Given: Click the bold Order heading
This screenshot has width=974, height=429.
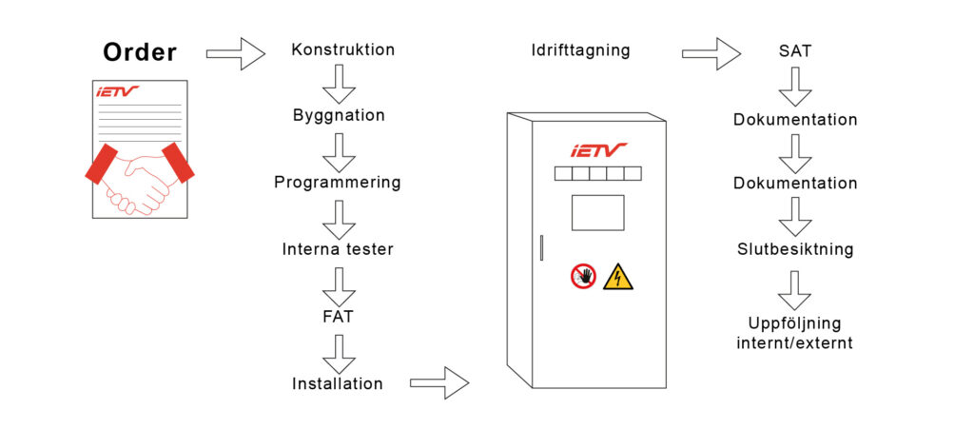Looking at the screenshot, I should pos(139,52).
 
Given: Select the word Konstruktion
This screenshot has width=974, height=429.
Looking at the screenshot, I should pos(342,49).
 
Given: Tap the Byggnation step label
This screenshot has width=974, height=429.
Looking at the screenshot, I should pos(339,115).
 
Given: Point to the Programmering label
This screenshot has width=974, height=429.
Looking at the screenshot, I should pos(338,182).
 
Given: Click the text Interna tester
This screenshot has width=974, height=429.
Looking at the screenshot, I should pos(338,249).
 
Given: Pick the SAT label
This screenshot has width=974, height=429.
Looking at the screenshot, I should pos(794,51).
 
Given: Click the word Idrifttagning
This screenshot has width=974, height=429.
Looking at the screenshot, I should pos(580,50).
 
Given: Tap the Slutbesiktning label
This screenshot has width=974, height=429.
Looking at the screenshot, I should pos(795,249).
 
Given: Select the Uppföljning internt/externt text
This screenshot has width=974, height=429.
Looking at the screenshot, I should pos(794,333).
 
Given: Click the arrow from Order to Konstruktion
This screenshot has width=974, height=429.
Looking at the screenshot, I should pos(235,53).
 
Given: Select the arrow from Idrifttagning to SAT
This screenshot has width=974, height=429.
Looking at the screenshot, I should pos(711,53).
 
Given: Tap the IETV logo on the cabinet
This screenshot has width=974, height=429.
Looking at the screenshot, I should pos(598,149).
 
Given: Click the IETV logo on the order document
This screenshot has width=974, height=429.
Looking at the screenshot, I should pos(117,92).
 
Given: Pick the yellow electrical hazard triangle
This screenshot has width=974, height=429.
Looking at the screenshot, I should pos(617,277).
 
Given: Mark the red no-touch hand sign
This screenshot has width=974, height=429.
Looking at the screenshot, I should pos(583,276).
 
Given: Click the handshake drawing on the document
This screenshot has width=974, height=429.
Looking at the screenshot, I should pos(139,181).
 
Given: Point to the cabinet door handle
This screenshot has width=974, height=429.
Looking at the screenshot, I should pos(541,247).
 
